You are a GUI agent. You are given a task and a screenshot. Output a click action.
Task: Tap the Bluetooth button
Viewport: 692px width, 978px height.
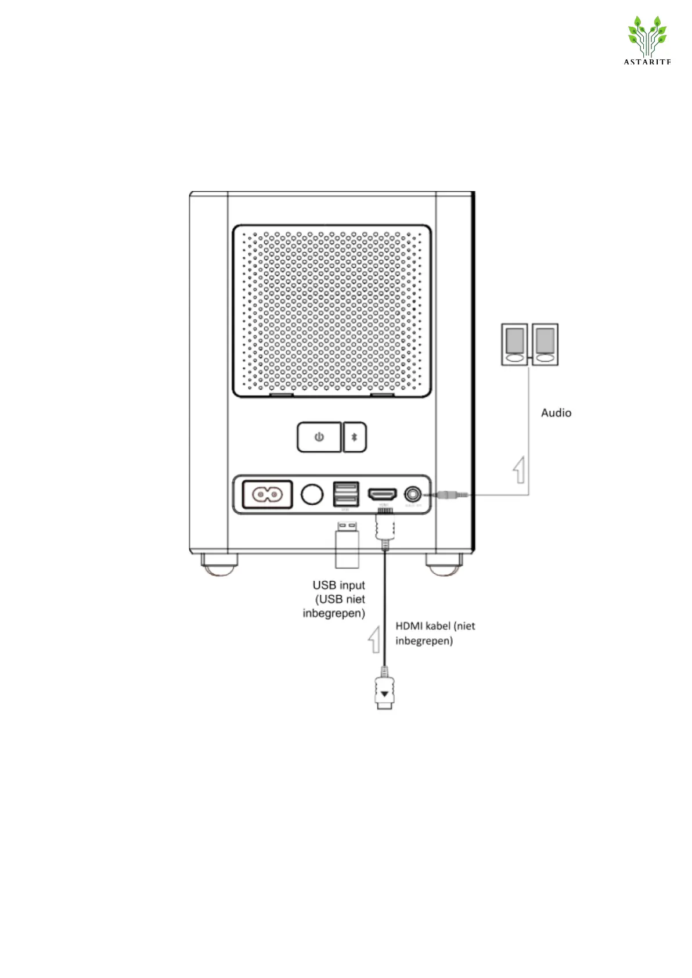[355, 437]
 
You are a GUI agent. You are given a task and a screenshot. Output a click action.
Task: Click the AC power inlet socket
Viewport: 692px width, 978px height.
[266, 495]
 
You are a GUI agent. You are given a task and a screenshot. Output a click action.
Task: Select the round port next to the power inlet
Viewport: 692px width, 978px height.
[312, 494]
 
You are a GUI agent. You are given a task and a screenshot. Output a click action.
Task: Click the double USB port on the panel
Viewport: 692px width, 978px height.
[345, 494]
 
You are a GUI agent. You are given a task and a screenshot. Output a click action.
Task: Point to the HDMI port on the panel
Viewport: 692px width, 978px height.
[382, 494]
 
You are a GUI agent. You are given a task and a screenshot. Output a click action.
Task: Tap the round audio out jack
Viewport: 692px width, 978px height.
[413, 494]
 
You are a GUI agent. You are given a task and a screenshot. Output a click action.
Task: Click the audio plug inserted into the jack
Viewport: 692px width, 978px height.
[446, 495]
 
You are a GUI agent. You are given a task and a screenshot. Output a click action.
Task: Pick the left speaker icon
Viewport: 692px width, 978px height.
[514, 344]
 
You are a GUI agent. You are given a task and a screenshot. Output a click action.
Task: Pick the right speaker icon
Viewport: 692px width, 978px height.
[545, 344]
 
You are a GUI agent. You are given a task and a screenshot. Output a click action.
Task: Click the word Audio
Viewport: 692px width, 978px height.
[556, 413]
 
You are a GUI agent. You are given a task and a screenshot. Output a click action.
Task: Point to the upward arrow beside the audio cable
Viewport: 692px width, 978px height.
[520, 470]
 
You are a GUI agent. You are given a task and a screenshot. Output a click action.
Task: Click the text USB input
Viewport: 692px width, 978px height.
[339, 585]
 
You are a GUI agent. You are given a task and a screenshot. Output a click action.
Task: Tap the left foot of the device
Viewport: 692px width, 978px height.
[219, 563]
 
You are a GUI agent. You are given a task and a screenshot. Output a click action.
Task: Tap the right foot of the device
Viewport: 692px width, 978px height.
[444, 563]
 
